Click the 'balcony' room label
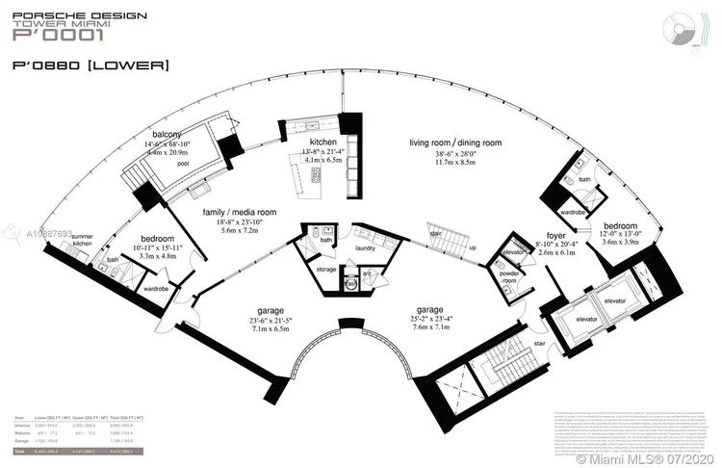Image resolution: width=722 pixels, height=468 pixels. click(x=168, y=134)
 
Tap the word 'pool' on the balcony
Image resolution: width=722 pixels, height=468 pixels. click(x=182, y=164)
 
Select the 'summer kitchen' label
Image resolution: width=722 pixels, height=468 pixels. click(x=84, y=241)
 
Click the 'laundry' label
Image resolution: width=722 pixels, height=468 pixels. click(x=366, y=247)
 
